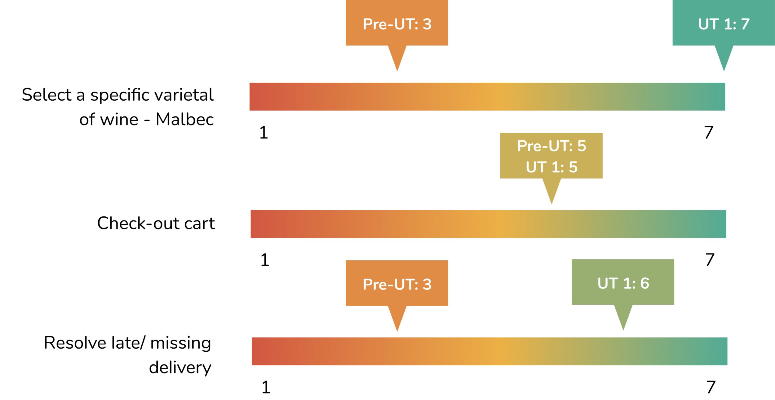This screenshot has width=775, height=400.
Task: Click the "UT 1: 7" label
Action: click(x=724, y=24)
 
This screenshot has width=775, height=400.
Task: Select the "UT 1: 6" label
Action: click(x=623, y=283)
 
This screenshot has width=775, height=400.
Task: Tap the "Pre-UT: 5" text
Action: click(x=551, y=146)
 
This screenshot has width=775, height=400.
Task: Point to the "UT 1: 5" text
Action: click(x=551, y=167)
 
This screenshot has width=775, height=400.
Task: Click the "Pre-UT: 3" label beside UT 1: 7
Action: click(x=397, y=24)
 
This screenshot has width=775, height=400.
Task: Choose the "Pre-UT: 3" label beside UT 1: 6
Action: click(x=397, y=284)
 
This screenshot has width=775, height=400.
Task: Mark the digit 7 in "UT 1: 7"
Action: click(x=745, y=24)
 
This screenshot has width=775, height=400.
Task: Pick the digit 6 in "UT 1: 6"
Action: click(x=645, y=283)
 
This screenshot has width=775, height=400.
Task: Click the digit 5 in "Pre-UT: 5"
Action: click(x=582, y=146)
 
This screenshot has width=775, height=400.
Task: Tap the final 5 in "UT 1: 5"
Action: click(x=573, y=167)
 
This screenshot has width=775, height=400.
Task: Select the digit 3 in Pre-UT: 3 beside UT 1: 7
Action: click(x=427, y=24)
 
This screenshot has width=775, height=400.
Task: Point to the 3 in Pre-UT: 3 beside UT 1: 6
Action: click(x=427, y=284)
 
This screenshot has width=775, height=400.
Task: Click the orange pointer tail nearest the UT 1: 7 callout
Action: click(x=394, y=63)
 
